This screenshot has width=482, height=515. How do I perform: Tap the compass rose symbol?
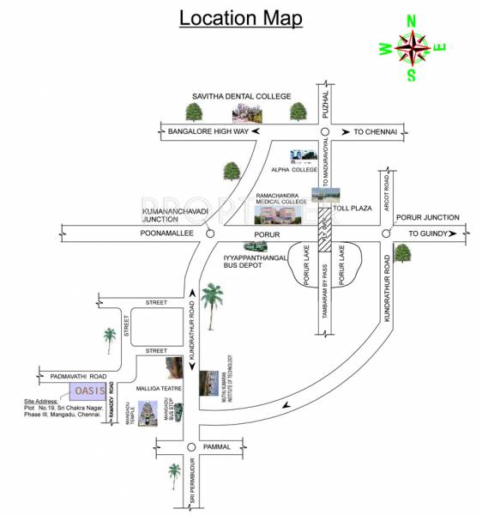[412, 48]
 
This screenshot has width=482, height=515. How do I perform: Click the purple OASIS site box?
[88, 391]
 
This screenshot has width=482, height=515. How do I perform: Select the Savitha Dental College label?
[243, 96]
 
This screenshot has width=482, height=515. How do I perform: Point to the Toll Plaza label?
[352, 207]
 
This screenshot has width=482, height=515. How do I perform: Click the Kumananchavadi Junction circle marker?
[212, 233]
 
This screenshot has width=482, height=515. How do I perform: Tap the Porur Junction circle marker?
[387, 233]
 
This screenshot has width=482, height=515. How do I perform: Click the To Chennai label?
[371, 131]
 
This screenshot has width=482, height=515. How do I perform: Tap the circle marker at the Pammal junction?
[190, 447]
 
